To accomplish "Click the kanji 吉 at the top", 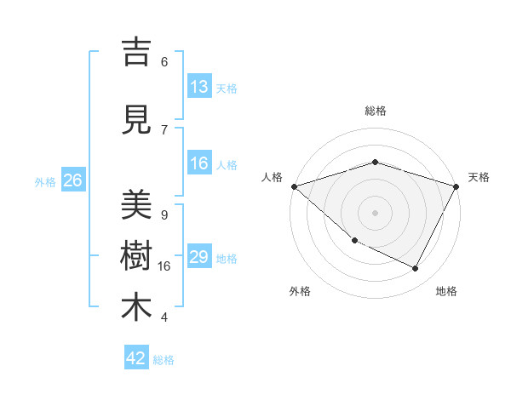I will tap(136, 53).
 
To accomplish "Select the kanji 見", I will tap(136, 120).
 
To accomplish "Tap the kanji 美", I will tap(136, 205).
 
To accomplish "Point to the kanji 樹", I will tap(136, 255).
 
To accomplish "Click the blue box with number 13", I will tap(199, 88).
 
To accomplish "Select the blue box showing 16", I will tap(199, 164).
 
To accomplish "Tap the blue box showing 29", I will tap(199, 258).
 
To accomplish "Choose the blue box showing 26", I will tap(72, 181).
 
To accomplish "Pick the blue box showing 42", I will tap(136, 358).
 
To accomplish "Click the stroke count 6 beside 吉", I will tap(164, 62).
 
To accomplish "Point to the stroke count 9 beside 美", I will tap(164, 215).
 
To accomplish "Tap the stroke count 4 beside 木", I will tap(164, 317).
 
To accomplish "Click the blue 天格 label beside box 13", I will tap(227, 89).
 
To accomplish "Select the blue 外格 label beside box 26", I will tap(45, 182).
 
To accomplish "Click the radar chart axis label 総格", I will tap(375, 111).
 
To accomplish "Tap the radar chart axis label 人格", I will tap(273, 177).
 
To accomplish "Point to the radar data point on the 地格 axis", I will tap(416, 269).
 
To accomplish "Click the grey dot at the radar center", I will tap(375, 212).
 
